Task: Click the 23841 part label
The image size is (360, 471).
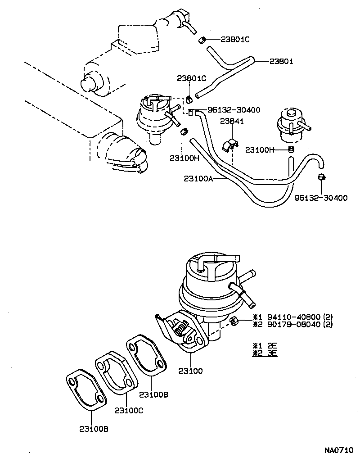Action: (232, 121)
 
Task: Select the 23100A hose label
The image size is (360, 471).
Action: (198, 179)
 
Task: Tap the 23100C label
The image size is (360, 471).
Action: (129, 410)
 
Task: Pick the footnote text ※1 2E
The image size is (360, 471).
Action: (265, 345)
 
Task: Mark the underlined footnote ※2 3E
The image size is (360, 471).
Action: (265, 353)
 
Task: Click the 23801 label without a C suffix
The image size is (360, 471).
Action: (281, 61)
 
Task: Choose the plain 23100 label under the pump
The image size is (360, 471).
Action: (190, 371)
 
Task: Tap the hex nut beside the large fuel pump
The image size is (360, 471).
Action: (233, 321)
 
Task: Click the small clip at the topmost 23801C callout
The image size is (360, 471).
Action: (202, 40)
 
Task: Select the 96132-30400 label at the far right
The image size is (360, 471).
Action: (321, 198)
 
